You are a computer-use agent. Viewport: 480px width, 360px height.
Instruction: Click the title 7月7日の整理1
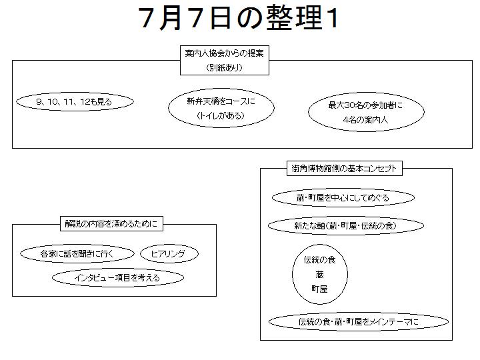coord(239,18)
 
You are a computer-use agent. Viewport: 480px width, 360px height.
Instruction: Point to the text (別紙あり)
coord(225,67)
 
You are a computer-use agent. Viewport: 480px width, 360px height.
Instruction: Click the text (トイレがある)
coord(221,115)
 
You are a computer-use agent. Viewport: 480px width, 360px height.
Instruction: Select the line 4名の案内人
coord(365,120)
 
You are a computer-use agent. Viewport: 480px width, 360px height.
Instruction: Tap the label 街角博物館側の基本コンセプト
coord(344,169)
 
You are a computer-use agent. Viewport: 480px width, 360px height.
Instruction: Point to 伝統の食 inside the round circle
coord(319,260)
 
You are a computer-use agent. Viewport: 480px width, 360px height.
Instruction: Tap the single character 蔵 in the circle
coord(319,275)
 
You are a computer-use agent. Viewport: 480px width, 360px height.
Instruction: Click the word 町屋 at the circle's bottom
coord(319,289)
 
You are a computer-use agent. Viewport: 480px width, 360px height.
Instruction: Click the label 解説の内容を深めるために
coord(111,224)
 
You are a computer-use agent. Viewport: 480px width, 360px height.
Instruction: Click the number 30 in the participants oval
coord(349,105)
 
